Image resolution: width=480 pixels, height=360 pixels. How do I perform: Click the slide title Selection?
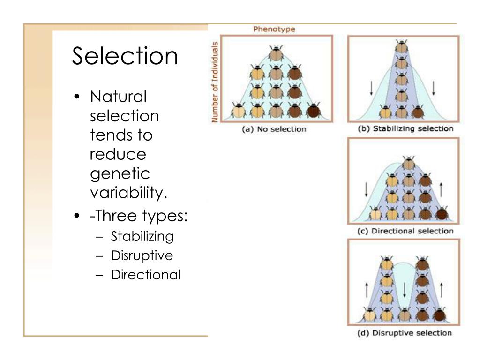point(125,56)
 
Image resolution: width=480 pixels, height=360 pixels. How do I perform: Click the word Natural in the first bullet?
point(118,97)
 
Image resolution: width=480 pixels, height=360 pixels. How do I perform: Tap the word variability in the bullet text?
point(128,192)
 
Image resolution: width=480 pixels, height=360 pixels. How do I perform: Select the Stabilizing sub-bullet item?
point(142,236)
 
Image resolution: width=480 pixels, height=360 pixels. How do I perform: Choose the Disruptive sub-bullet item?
point(142,255)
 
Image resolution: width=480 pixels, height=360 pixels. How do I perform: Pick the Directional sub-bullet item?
point(145,275)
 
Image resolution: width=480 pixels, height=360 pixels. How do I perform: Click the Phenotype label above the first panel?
point(274,29)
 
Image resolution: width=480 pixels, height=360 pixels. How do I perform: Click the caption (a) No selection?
point(274,129)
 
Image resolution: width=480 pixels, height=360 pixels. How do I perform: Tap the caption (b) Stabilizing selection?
point(406,128)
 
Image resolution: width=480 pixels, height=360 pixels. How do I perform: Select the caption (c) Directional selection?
point(405,231)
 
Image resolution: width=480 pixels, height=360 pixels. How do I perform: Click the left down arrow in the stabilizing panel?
point(371,88)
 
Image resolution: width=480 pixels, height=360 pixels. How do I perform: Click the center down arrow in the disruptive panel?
point(404,291)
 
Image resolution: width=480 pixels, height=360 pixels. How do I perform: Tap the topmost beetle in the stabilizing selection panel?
point(401,47)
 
